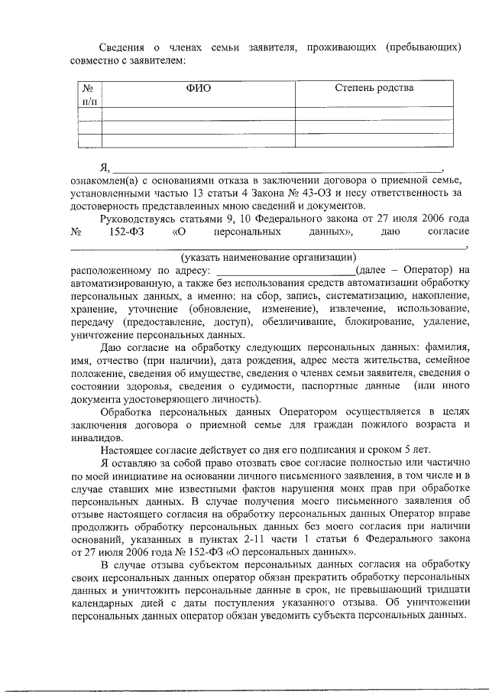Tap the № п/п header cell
(90, 94)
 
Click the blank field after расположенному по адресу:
(286, 269)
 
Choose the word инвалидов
(97, 438)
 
